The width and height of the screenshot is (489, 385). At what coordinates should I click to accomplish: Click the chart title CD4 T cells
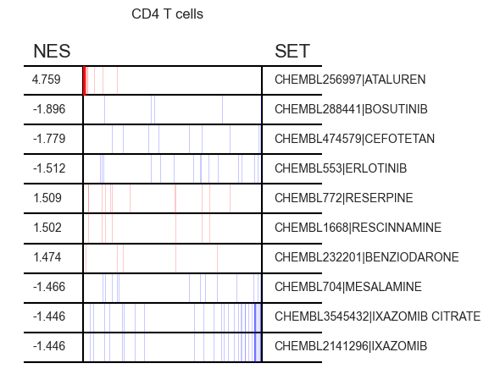167,14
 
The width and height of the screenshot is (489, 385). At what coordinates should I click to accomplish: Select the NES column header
52,51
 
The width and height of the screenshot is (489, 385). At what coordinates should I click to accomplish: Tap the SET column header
292,51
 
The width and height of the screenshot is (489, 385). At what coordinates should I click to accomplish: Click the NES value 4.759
46,80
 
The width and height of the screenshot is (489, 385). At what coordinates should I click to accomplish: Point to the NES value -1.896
49,109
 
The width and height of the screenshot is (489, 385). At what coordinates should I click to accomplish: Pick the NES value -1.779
49,139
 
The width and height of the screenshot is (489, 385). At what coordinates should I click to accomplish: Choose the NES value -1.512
49,168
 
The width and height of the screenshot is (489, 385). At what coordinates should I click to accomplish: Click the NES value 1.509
47,198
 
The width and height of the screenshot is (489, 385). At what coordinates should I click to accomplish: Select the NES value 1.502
47,228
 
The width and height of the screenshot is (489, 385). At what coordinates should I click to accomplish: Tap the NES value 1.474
47,257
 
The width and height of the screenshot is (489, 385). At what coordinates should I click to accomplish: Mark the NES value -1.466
49,287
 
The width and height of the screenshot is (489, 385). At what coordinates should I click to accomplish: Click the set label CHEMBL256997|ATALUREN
350,80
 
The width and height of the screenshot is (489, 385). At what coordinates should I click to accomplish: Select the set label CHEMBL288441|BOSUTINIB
351,109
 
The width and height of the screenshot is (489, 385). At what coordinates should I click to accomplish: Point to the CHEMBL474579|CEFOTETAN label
354,139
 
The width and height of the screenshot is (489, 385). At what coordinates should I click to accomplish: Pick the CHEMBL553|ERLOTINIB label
341,168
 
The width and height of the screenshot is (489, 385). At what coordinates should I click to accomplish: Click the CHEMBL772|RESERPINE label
344,198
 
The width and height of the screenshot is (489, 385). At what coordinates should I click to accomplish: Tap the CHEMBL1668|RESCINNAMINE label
358,228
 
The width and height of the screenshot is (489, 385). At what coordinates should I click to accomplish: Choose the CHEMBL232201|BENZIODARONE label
367,257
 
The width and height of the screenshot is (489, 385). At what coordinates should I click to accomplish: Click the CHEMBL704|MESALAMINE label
348,287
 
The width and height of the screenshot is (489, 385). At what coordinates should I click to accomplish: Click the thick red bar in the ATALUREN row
85,80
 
